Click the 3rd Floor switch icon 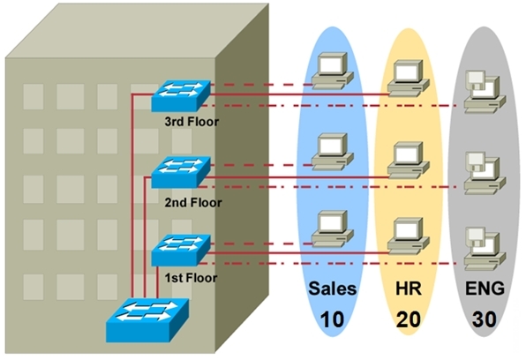click(181, 95)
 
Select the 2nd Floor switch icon click(181, 172)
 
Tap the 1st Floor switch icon click(181, 251)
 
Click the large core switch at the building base click(147, 320)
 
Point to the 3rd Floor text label click(192, 122)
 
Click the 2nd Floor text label click(193, 203)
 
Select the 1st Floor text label click(191, 278)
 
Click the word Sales click(332, 289)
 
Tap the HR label click(409, 289)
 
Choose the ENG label click(485, 289)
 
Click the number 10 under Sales click(332, 319)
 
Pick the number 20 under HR click(409, 319)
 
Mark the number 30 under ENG click(485, 319)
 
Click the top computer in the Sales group click(332, 71)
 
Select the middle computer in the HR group click(409, 161)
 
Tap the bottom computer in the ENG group click(485, 249)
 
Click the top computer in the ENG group click(485, 92)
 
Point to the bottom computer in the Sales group click(332, 229)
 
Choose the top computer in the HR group click(409, 79)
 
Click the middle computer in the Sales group click(332, 152)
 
